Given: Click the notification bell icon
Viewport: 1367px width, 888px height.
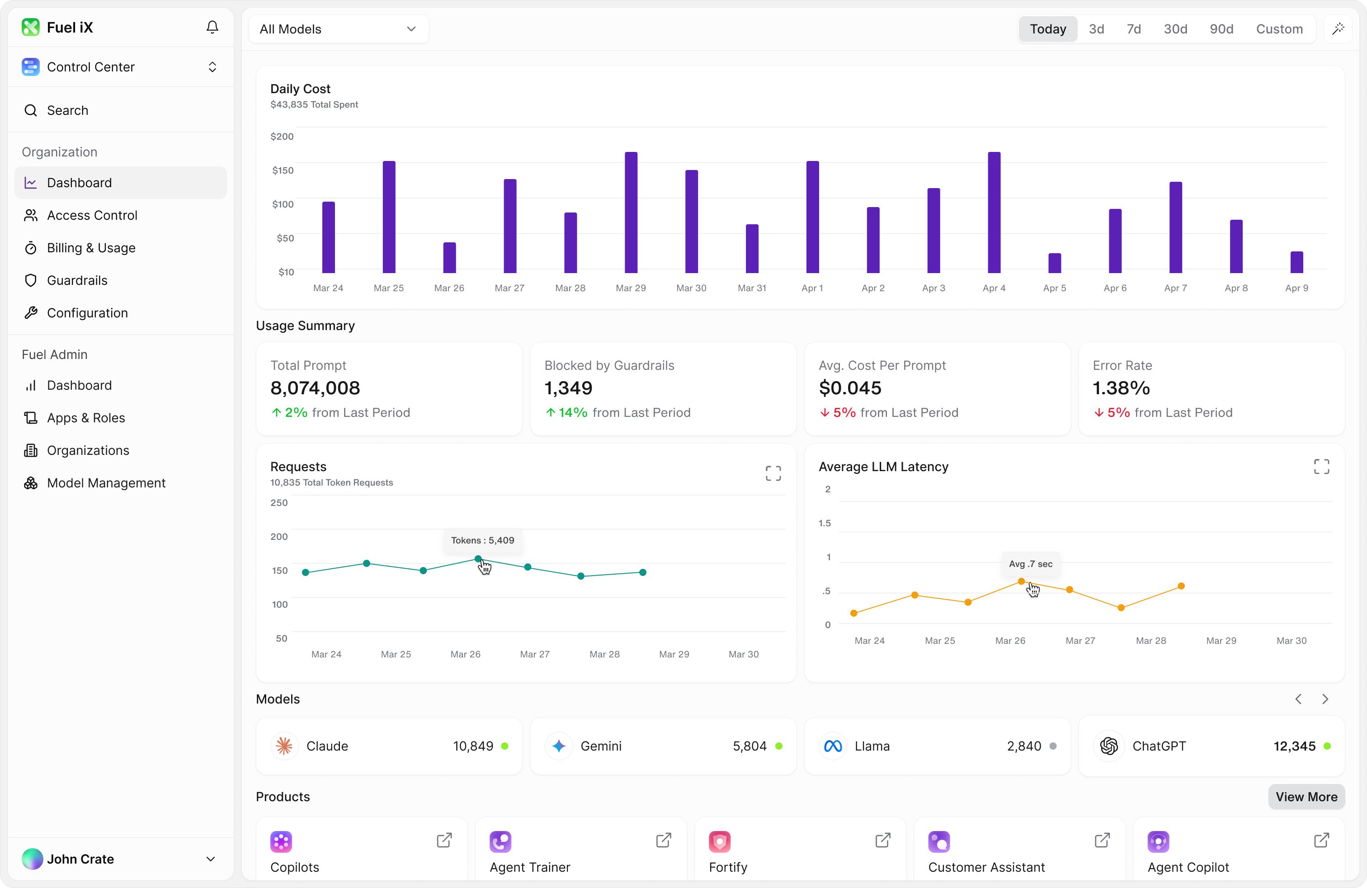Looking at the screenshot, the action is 212,27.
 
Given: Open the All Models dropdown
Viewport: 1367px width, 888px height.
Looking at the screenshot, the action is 338,29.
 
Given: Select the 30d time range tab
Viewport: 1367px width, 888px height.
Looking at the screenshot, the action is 1175,29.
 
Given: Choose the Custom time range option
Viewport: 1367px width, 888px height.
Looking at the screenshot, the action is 1279,29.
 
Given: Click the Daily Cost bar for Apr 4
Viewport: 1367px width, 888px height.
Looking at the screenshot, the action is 994,213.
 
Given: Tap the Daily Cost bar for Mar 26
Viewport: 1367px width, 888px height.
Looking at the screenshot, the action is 449,258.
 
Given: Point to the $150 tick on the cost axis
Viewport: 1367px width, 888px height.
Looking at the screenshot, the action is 283,170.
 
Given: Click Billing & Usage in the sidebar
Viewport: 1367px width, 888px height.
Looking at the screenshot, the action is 91,248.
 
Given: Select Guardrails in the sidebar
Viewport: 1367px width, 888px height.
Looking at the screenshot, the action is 77,280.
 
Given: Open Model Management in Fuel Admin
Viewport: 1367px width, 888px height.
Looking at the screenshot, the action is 106,483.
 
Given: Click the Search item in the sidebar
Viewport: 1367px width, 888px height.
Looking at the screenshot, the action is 67,110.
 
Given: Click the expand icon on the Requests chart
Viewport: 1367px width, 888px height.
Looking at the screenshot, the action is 773,473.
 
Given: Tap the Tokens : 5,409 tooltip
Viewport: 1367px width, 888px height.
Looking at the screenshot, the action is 482,540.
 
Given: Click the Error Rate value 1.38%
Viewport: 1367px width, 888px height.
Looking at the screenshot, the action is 1121,388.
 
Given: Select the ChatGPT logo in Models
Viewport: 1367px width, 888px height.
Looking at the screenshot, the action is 1108,746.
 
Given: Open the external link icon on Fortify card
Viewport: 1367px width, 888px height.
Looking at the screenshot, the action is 883,841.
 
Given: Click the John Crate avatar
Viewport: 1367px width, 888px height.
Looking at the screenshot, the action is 32,859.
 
